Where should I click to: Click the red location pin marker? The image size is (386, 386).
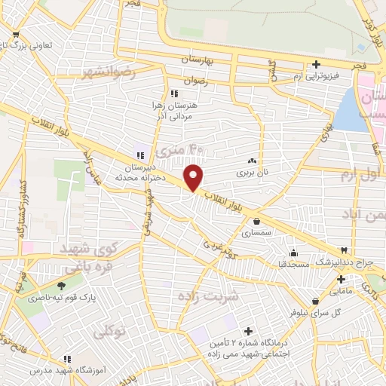coord(194,177)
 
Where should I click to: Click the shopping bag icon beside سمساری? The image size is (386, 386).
coord(259,222)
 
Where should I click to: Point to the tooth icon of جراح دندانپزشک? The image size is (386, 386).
coord(345,249)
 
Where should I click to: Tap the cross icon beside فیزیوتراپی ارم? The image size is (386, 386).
coord(317,64)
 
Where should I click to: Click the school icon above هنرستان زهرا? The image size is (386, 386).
coord(175,94)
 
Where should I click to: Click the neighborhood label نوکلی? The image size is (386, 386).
coord(110,330)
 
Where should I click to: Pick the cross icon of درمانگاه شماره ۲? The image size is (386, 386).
coord(249,331)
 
